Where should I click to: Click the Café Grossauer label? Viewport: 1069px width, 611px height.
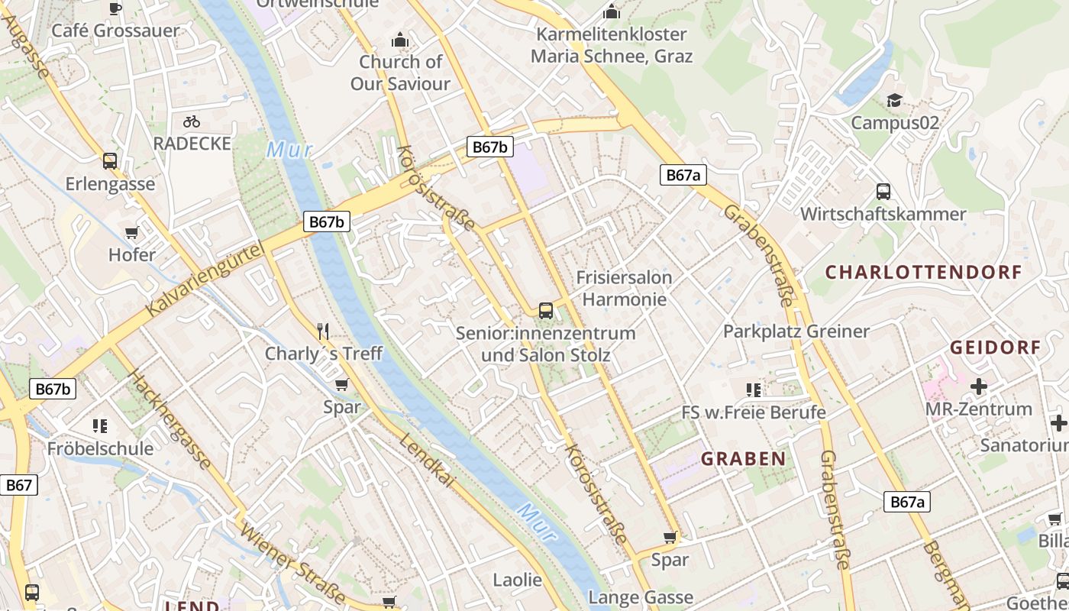tap(115, 31)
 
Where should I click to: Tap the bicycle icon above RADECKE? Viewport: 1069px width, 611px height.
tap(192, 121)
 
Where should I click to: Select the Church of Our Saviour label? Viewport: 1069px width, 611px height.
tap(400, 73)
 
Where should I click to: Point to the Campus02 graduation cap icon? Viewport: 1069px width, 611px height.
tap(894, 101)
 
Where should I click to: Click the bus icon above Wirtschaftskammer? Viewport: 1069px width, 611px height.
tap(883, 192)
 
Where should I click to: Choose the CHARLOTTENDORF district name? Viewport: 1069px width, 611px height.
tap(923, 273)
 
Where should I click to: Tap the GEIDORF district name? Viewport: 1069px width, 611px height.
tap(995, 348)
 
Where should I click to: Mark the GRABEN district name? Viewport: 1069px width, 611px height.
tap(743, 459)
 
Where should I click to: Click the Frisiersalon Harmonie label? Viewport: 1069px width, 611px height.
tap(624, 288)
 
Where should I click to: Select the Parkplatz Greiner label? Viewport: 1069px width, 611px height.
tap(796, 331)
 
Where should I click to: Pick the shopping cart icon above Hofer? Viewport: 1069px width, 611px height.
tap(132, 233)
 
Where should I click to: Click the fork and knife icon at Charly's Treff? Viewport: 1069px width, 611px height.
tap(323, 331)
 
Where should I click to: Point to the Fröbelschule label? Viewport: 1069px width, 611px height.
tap(100, 448)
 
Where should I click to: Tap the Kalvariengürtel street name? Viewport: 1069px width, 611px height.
tap(204, 280)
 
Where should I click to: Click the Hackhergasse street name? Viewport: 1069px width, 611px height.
tap(170, 419)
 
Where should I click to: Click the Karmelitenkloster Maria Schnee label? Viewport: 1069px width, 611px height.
tap(612, 45)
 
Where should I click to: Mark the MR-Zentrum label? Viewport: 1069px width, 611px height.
tap(978, 409)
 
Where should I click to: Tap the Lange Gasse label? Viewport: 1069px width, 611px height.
tap(641, 597)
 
